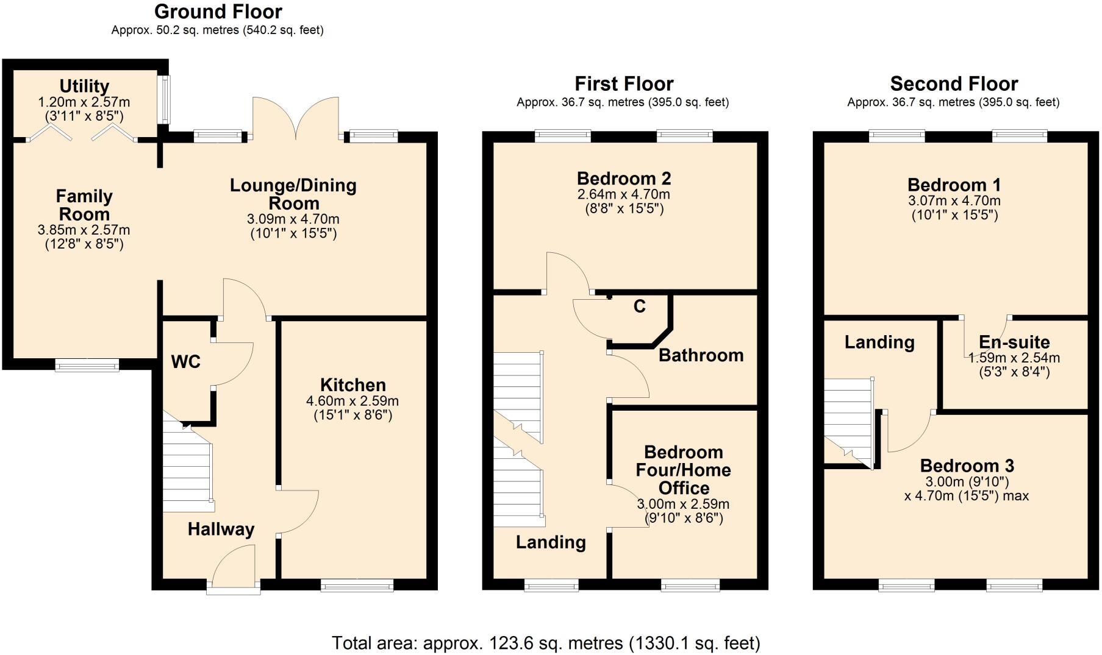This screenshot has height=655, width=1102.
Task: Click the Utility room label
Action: point(84,86)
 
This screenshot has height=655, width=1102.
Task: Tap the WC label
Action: point(185,362)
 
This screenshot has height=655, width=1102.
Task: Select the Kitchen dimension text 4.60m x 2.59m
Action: point(352,401)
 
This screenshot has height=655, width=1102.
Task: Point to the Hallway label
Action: point(221,529)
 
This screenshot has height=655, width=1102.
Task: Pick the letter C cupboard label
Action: point(639,306)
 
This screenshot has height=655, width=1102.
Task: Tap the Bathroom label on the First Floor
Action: point(701,355)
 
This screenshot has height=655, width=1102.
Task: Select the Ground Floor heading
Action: point(218,12)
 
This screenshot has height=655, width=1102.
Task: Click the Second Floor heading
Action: point(954,83)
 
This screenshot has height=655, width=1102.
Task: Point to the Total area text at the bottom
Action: point(546,643)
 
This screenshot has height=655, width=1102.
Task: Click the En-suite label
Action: point(1014,342)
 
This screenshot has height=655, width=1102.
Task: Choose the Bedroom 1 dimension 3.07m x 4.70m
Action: point(954,200)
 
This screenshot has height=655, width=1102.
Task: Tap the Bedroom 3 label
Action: point(967,466)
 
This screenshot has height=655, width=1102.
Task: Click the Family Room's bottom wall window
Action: point(87,365)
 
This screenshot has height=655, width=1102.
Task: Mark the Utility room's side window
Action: point(163,99)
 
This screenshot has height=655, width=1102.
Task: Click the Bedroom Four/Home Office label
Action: point(683,470)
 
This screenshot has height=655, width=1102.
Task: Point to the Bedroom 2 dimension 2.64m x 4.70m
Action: point(623,194)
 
